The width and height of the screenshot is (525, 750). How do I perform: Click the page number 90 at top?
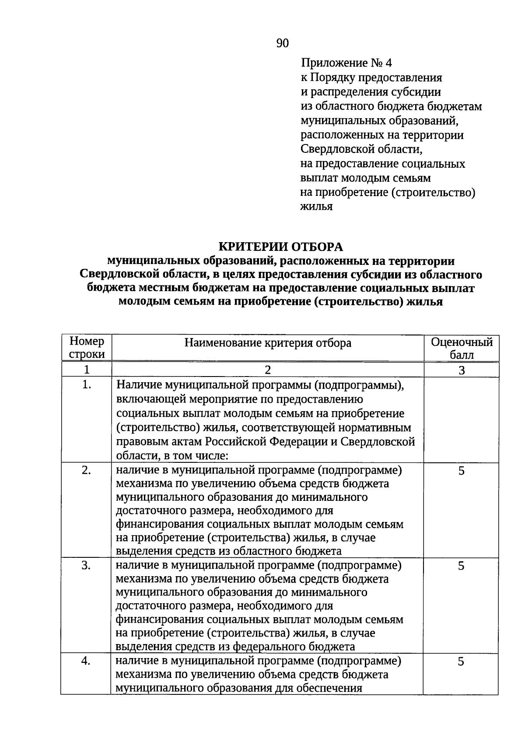click(x=283, y=43)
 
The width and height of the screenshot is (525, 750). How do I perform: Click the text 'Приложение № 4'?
click(x=346, y=63)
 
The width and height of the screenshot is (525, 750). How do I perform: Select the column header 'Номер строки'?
click(x=87, y=348)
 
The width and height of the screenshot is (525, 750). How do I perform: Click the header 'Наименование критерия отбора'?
click(x=268, y=343)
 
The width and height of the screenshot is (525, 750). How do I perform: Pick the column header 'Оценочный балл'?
click(x=462, y=348)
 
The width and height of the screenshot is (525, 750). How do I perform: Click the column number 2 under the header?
click(x=268, y=370)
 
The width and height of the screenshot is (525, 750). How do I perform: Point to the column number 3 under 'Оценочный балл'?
click(x=462, y=370)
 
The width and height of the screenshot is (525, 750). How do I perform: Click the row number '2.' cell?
click(x=87, y=470)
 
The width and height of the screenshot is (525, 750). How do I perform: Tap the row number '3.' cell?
click(x=87, y=565)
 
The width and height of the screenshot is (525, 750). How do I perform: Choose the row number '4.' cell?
click(x=86, y=661)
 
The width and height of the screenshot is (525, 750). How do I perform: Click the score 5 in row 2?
click(x=461, y=471)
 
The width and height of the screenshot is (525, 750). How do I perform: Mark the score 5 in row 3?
click(x=461, y=566)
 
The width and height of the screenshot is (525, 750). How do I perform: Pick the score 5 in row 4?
click(x=461, y=661)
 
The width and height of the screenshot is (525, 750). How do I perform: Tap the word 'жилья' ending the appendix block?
click(x=316, y=207)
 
